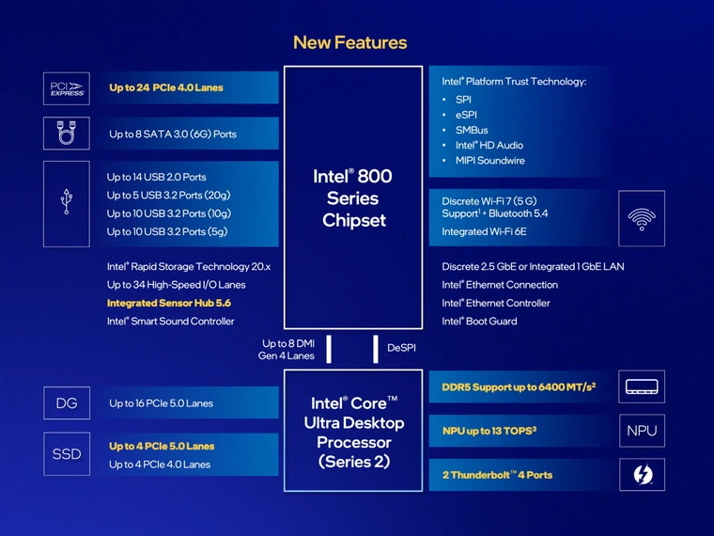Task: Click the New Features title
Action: point(349,42)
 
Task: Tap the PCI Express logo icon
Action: point(67,88)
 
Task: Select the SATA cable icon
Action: point(67,134)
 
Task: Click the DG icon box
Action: point(67,403)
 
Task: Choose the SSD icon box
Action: point(67,454)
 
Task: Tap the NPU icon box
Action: point(642,431)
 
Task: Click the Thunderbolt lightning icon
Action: point(642,475)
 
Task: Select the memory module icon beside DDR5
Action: point(642,386)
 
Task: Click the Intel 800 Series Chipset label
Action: point(353,198)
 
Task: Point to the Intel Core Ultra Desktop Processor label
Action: point(353,432)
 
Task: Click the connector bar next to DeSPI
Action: point(376,348)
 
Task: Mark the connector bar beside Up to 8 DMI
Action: point(329,348)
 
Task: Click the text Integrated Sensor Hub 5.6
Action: point(169,303)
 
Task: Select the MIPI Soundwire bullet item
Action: point(489,161)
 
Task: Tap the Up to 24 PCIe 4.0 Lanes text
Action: point(166,88)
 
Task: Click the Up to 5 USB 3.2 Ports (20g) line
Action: point(168,196)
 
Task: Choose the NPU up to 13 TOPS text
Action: point(502,431)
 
